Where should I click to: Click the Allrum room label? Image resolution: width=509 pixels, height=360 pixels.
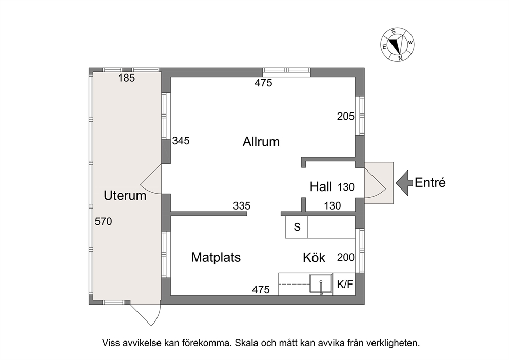(261, 142)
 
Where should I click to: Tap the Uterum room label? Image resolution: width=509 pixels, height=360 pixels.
(125, 196)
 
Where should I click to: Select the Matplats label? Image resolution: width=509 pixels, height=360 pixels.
(216, 257)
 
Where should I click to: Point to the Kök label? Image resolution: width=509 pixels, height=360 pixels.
(314, 257)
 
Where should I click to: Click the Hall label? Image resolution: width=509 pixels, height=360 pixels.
(321, 187)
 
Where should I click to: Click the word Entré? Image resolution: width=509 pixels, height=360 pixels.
(430, 183)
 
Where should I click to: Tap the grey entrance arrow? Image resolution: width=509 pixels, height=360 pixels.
(404, 183)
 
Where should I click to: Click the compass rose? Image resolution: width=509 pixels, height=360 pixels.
(397, 44)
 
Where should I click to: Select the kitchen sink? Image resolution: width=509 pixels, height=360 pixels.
(321, 285)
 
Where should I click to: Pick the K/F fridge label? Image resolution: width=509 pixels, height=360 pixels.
(345, 285)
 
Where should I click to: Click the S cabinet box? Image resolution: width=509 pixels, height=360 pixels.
(297, 227)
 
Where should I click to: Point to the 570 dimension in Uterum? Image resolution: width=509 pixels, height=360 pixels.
(103, 221)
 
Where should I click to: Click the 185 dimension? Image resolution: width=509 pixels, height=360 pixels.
(126, 78)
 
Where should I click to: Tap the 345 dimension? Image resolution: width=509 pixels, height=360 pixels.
(181, 141)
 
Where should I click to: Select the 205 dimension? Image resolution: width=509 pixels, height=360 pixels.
(345, 116)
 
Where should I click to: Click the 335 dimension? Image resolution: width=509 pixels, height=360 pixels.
(242, 205)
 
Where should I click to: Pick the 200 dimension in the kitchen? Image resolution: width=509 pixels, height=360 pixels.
(346, 257)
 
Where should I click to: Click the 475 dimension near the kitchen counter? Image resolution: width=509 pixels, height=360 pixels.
(261, 289)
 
